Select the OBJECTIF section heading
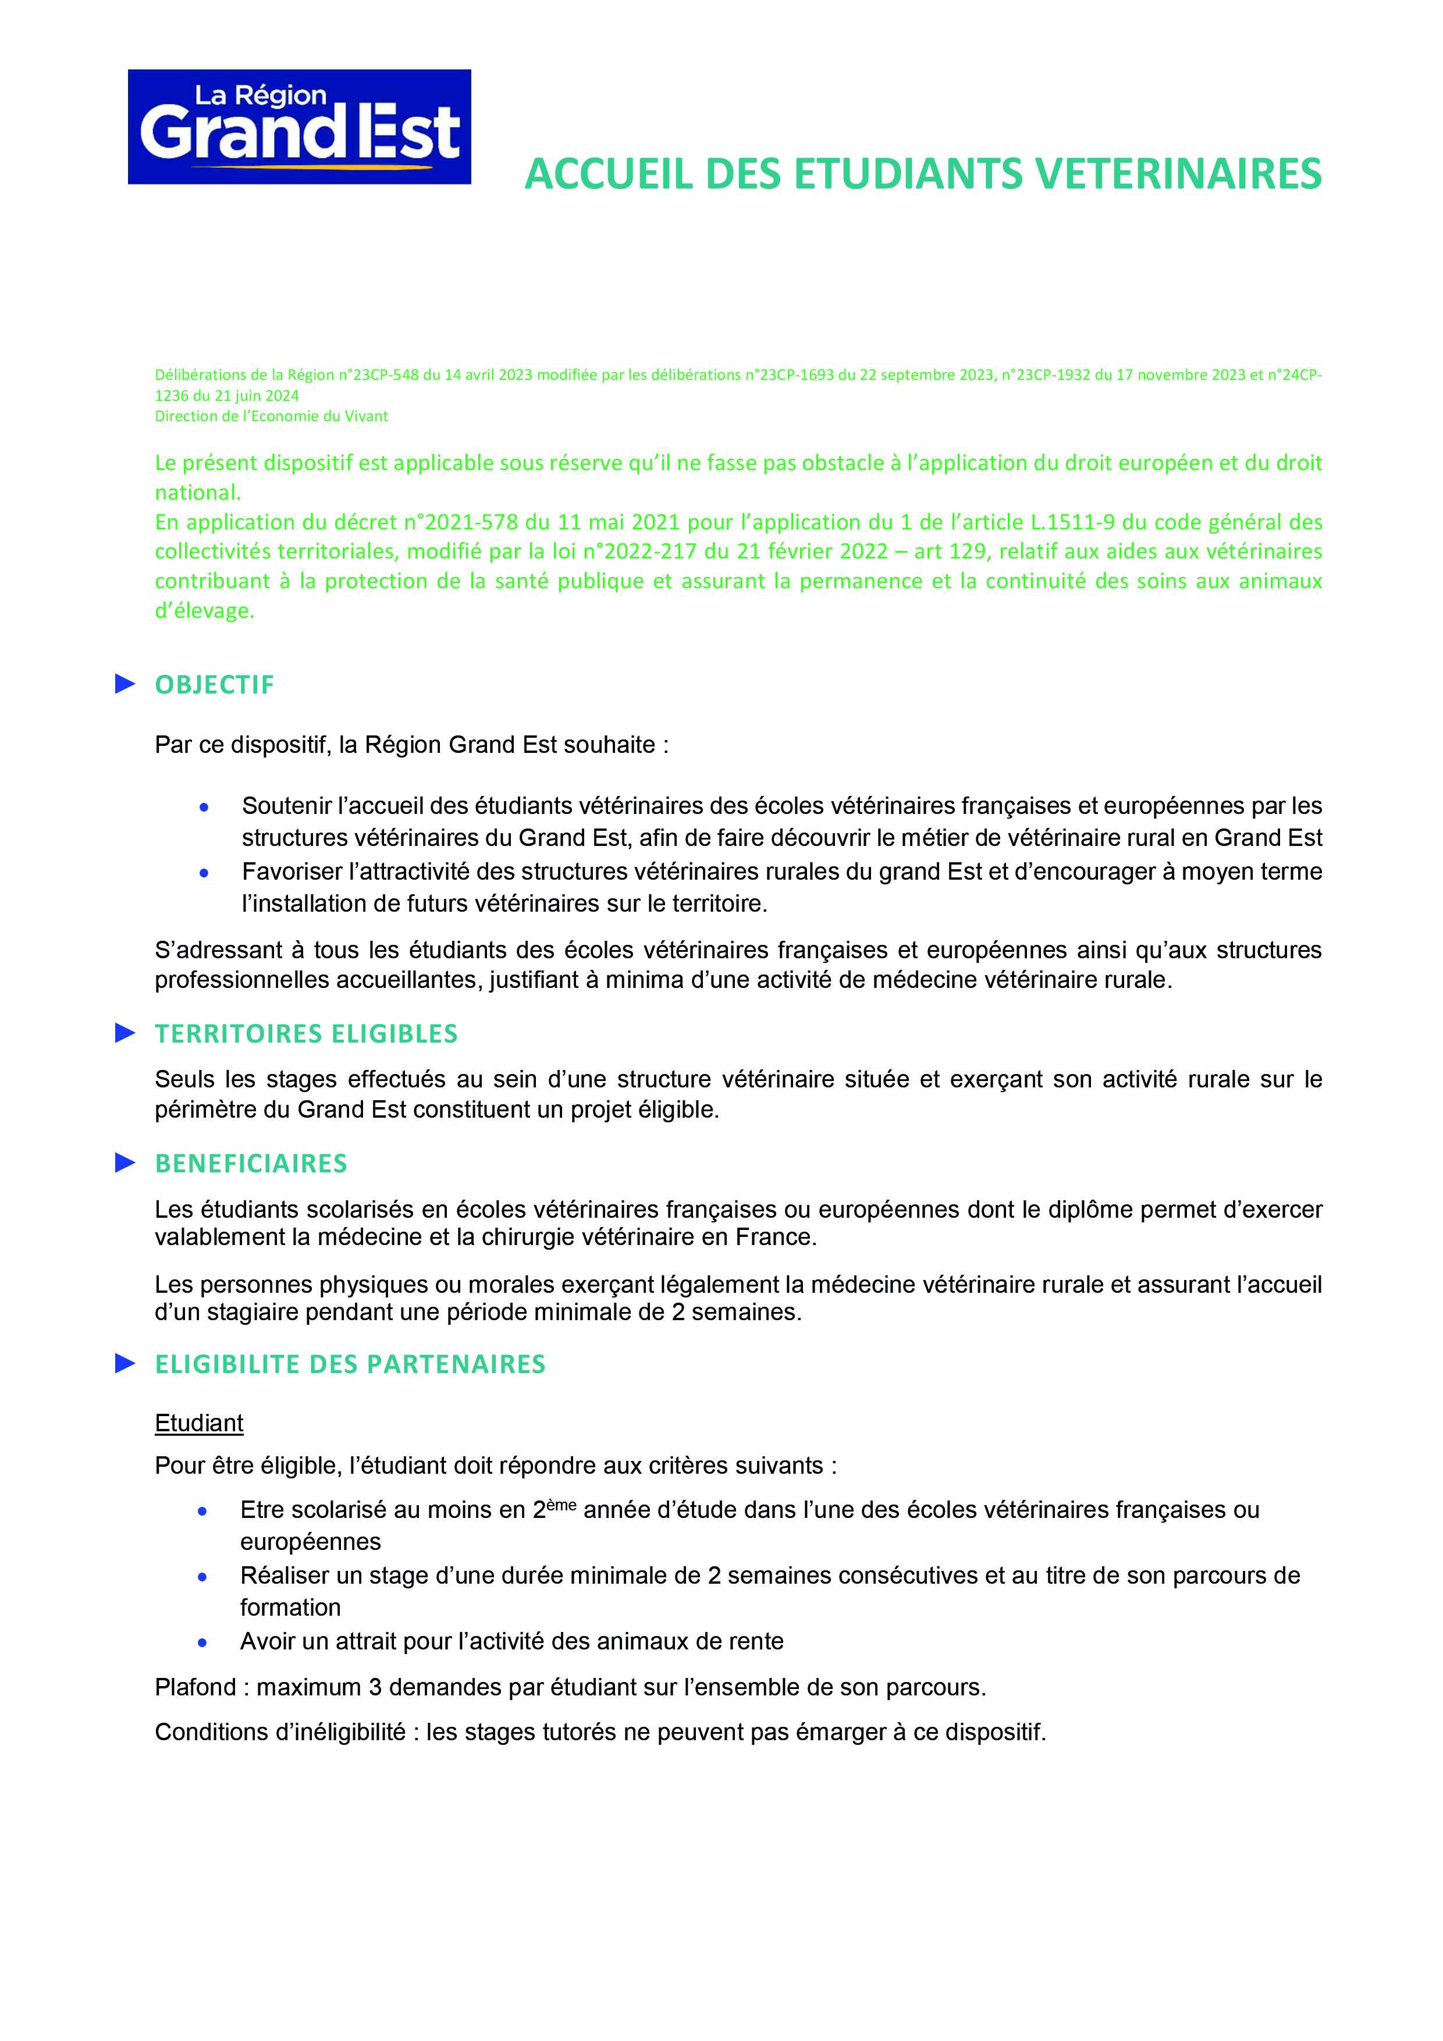pyautogui.click(x=214, y=684)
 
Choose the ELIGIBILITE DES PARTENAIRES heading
pyautogui.click(x=350, y=1364)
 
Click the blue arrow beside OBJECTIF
pyautogui.click(x=125, y=684)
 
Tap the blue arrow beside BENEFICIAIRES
pyautogui.click(x=125, y=1162)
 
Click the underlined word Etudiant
pyautogui.click(x=198, y=1423)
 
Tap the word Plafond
pyautogui.click(x=196, y=1687)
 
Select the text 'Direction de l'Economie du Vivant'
pyautogui.click(x=271, y=416)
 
